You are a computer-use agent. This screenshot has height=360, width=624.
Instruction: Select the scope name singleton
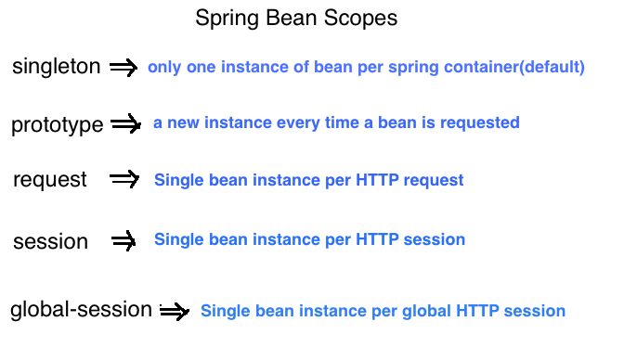coord(57,67)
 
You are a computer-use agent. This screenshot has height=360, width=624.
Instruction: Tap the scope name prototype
coord(58,125)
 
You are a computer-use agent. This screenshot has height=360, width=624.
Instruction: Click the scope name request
coord(50,180)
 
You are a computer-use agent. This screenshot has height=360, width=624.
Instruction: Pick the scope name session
coord(50,242)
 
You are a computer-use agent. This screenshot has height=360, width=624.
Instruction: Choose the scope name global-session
coord(82,310)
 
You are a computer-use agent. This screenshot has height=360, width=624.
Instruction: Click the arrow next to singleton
coord(123,67)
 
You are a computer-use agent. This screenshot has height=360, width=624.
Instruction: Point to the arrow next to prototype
coord(125,123)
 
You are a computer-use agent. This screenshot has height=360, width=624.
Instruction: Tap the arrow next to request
coord(124,179)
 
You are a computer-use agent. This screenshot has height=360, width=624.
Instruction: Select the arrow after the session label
coord(124,241)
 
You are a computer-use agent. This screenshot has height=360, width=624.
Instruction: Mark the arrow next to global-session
coord(175,312)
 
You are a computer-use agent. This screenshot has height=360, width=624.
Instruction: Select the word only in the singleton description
coord(163,68)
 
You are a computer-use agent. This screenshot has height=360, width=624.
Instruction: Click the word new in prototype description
coord(184,122)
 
